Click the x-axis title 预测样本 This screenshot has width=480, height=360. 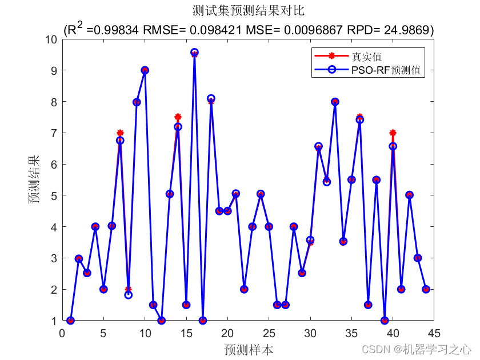point(248,349)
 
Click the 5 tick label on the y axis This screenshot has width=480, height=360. point(54,195)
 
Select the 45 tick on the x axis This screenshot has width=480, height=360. point(434,333)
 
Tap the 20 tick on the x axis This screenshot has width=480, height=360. point(227,333)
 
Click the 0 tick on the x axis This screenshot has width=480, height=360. point(63,333)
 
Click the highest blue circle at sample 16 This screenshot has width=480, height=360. point(195,53)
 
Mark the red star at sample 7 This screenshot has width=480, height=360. point(120,133)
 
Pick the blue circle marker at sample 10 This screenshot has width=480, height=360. point(145,70)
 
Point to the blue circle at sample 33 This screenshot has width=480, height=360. point(335,102)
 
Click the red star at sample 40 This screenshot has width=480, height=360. point(393,133)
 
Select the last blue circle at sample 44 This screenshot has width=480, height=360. point(426,289)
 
